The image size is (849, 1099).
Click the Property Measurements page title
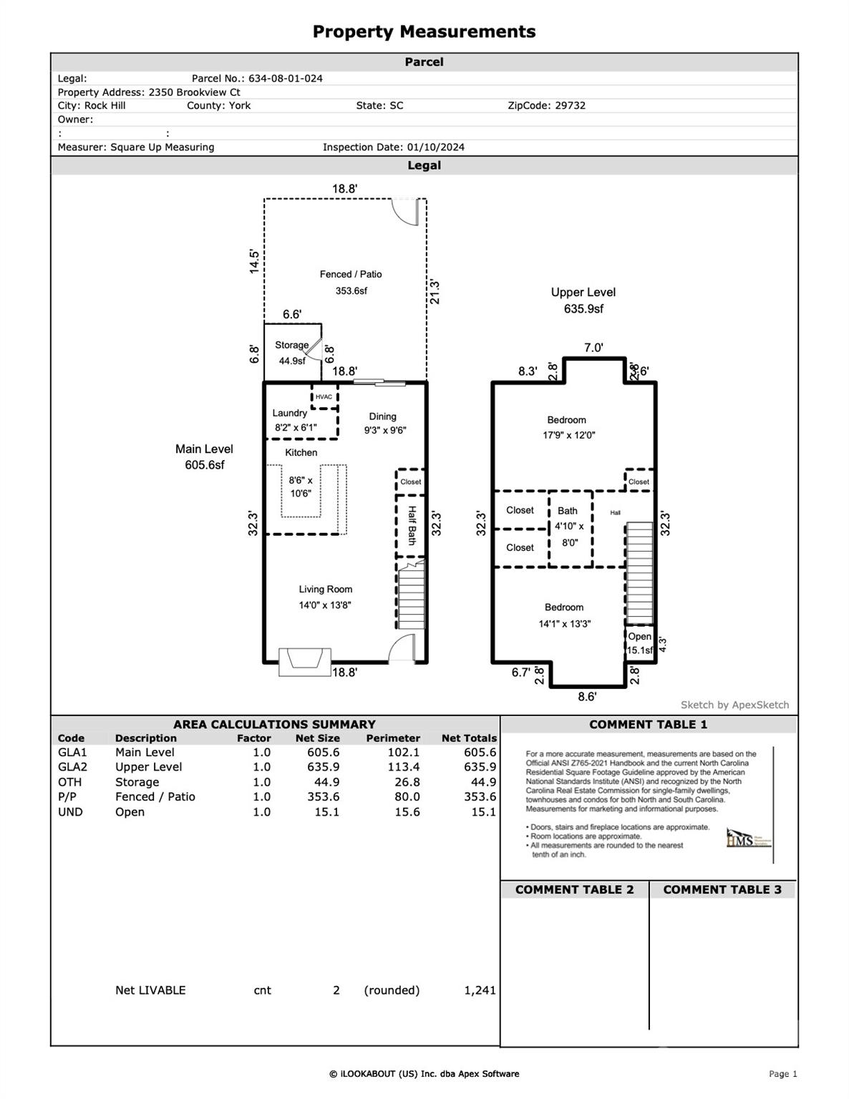pos(424,31)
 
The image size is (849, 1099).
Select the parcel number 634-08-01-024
pos(285,79)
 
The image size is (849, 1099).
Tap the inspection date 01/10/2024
pos(435,147)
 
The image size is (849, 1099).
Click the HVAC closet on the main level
pos(324,397)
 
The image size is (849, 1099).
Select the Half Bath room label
pos(412,526)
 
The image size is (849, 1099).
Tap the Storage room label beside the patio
pos(291,345)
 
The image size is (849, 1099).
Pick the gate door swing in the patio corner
pos(405,212)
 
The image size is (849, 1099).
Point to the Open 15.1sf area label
pos(640,643)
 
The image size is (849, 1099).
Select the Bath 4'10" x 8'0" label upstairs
pos(568,527)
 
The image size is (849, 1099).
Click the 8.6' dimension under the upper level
pos(586,696)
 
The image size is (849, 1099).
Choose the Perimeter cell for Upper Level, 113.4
pos(402,767)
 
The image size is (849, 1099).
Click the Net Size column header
pos(317,738)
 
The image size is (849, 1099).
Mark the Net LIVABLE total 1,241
pos(480,990)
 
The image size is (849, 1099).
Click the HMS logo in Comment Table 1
pos(739,839)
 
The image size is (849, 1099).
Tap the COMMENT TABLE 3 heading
pos(722,889)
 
